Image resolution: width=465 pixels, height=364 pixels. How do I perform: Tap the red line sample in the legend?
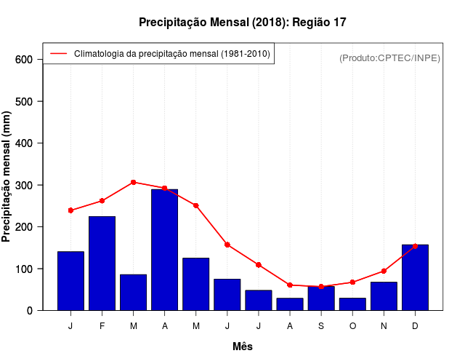[58, 54]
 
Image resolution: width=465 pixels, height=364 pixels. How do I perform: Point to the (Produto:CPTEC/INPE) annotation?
[389, 58]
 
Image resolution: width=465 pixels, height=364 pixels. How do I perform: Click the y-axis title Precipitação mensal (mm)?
[7, 177]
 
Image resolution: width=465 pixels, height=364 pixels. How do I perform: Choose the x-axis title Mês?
[243, 347]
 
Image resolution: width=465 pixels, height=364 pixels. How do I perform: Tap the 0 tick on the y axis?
[31, 311]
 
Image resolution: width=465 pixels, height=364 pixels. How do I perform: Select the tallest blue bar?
[164, 250]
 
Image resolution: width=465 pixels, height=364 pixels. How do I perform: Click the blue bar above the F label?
[102, 263]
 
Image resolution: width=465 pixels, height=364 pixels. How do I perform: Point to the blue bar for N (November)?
[384, 296]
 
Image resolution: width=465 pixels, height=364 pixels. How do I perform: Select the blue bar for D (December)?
[415, 277]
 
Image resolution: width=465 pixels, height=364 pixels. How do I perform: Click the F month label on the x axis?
[102, 326]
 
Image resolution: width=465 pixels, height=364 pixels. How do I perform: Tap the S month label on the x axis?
[320, 326]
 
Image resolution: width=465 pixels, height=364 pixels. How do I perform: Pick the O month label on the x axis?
[352, 326]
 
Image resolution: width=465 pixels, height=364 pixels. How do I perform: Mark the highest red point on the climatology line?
[133, 182]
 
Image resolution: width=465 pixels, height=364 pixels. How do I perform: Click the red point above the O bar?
[352, 282]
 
